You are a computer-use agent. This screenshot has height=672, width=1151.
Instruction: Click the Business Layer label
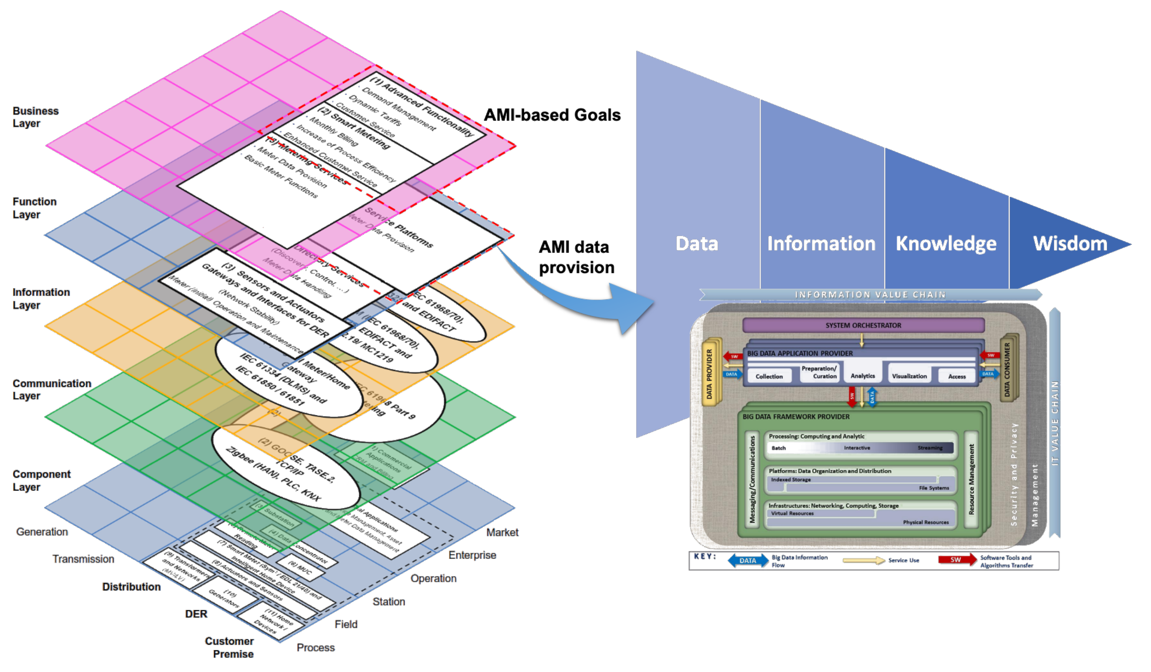(x=36, y=117)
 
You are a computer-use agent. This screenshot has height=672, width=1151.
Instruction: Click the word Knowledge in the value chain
(x=945, y=244)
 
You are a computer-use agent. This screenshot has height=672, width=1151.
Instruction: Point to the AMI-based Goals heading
(x=552, y=115)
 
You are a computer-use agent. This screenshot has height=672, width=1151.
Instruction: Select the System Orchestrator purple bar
(x=863, y=325)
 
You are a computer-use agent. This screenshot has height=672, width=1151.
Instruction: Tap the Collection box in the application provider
(x=769, y=376)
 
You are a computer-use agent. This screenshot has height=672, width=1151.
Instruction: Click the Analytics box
(x=862, y=375)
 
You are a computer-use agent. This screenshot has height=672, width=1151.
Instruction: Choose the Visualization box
(x=909, y=376)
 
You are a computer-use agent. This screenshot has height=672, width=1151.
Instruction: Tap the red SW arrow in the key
(x=957, y=560)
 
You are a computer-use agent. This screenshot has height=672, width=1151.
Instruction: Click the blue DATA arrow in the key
(x=747, y=560)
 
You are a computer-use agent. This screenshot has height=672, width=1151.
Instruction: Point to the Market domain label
(x=502, y=532)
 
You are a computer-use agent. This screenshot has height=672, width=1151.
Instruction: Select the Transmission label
(x=83, y=559)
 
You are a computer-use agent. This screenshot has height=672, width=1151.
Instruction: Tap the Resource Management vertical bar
(x=971, y=479)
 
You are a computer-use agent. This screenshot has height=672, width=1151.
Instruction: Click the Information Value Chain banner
(x=870, y=295)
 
